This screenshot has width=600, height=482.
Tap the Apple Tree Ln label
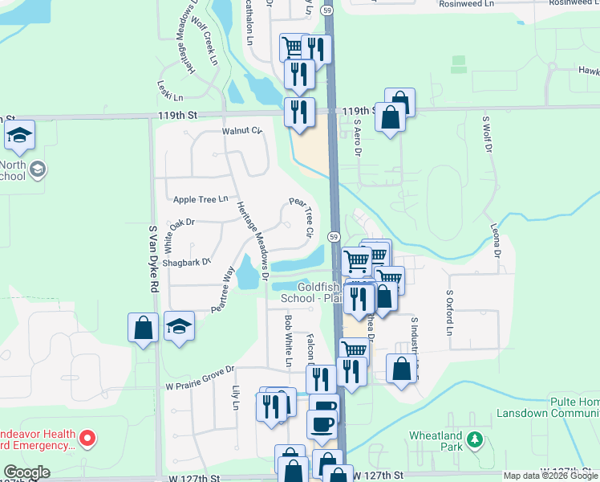click(x=201, y=198)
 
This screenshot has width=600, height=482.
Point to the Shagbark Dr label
click(x=185, y=262)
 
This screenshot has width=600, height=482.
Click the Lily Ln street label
click(x=236, y=398)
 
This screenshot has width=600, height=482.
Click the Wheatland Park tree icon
click(x=476, y=439)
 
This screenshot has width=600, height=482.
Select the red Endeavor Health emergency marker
click(x=89, y=439)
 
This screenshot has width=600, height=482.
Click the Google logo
click(x=26, y=472)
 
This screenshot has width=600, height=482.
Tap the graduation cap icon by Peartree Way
click(x=180, y=326)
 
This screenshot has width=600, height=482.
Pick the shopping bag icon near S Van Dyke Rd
click(x=143, y=328)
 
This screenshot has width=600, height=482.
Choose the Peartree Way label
click(x=223, y=288)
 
